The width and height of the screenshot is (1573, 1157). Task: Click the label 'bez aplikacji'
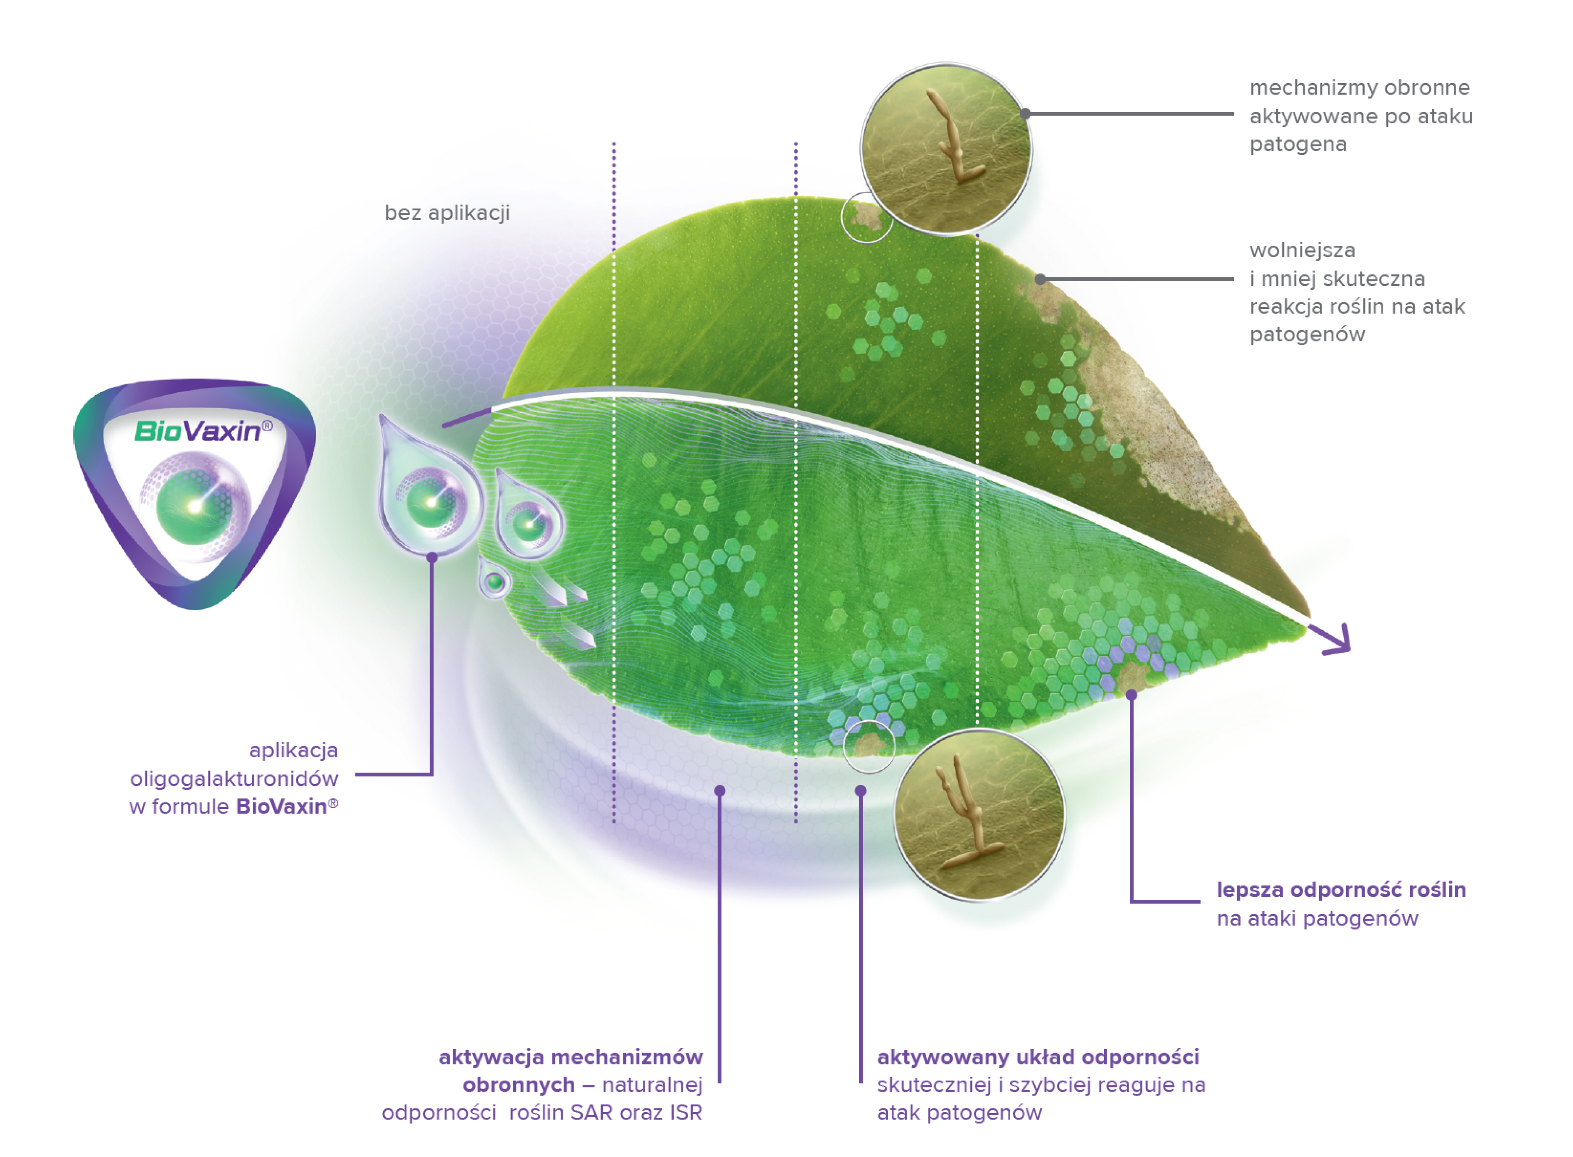[x=447, y=213]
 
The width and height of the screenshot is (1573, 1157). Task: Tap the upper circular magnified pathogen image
[x=946, y=149]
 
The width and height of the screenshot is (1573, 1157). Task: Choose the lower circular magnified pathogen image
[x=979, y=814]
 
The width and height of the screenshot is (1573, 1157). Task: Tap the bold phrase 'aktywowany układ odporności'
[x=1038, y=1057]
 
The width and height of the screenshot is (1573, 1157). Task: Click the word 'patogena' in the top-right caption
[x=1298, y=144]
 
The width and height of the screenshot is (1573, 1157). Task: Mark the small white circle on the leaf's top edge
[x=867, y=217]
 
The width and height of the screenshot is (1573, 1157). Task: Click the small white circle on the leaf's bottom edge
[x=869, y=747]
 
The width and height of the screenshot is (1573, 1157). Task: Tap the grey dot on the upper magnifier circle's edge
[x=1025, y=113]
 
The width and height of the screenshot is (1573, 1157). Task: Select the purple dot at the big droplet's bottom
[x=432, y=558]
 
